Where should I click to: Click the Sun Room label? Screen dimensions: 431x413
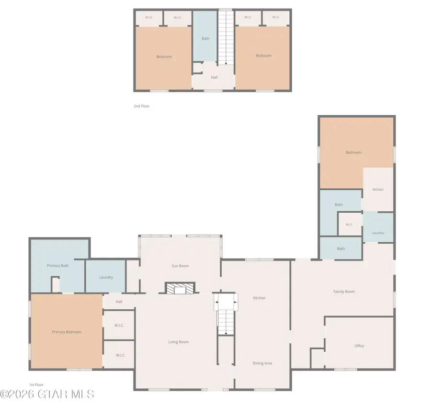coord(180,266)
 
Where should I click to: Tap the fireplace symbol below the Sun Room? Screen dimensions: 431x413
coord(180,288)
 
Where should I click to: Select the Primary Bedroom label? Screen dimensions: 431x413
coord(67,332)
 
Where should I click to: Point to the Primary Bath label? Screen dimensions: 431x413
coord(58,266)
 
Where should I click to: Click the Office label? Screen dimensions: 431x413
coord(359,346)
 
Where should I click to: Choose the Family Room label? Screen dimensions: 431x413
coord(344,292)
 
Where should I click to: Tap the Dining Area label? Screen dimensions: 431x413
coord(262,363)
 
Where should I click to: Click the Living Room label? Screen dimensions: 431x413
coord(179,342)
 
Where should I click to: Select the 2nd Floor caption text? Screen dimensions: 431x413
coord(142,106)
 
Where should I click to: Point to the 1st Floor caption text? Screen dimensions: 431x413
coord(36,385)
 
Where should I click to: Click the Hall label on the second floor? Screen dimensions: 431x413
coord(214,77)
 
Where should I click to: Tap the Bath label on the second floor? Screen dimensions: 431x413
coord(205,39)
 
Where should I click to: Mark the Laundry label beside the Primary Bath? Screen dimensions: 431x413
coord(106,277)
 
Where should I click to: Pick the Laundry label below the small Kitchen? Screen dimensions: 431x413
coord(378,233)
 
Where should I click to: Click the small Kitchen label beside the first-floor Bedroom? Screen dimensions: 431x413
coord(378,190)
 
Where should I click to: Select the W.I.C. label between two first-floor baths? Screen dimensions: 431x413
coord(350,225)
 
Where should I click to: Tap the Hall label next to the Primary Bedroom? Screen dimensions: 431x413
coord(119,302)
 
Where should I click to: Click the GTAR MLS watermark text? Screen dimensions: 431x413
coord(47,394)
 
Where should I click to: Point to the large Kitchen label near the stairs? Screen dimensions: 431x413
coord(259,298)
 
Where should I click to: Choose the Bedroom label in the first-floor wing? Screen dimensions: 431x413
coord(353,152)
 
